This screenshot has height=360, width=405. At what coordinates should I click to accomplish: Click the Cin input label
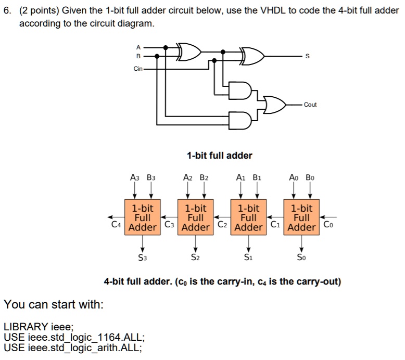[x=138, y=69]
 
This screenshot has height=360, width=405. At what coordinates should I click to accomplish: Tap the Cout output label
[x=310, y=105]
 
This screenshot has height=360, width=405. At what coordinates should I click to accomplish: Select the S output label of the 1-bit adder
[x=307, y=56]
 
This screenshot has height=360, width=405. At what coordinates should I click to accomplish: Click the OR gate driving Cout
[x=274, y=105]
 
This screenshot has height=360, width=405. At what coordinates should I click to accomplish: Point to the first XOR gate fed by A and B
[x=188, y=52]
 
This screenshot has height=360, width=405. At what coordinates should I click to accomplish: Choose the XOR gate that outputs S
[x=252, y=56]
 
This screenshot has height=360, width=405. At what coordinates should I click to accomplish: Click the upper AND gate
[x=240, y=91]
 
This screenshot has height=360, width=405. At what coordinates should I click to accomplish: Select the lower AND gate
[x=240, y=121]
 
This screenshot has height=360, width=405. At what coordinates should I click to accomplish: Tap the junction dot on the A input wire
[x=166, y=47]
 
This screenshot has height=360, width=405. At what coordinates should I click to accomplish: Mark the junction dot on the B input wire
[x=157, y=56]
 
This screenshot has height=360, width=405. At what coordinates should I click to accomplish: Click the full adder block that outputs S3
[x=143, y=217]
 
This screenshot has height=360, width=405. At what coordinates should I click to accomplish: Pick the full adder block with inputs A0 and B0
[x=301, y=217]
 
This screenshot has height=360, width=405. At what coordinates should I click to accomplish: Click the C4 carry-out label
[x=116, y=224]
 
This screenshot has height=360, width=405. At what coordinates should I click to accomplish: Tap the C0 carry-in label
[x=328, y=224]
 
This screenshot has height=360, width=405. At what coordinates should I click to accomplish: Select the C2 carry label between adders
[x=222, y=224]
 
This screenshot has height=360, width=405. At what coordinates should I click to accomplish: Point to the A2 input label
[x=188, y=177]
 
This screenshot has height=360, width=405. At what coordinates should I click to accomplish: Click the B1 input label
[x=257, y=177]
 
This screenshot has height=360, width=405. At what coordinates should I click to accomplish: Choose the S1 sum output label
[x=248, y=258]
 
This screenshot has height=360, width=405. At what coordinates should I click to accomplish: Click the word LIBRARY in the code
[x=26, y=327]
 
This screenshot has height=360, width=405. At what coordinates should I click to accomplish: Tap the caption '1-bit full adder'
[x=220, y=156]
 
